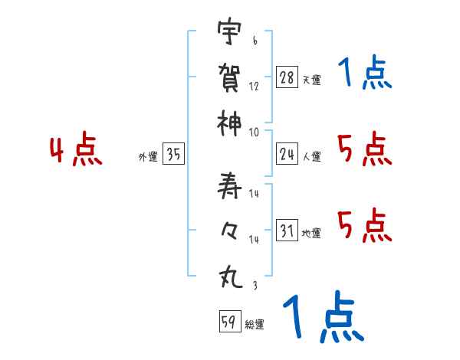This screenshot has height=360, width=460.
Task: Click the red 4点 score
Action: coord(77,150)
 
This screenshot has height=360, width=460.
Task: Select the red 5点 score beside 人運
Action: coord(364,149)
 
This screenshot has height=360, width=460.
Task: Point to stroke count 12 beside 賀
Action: coord(254,87)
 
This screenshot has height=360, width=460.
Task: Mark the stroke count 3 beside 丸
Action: coord(254,285)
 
